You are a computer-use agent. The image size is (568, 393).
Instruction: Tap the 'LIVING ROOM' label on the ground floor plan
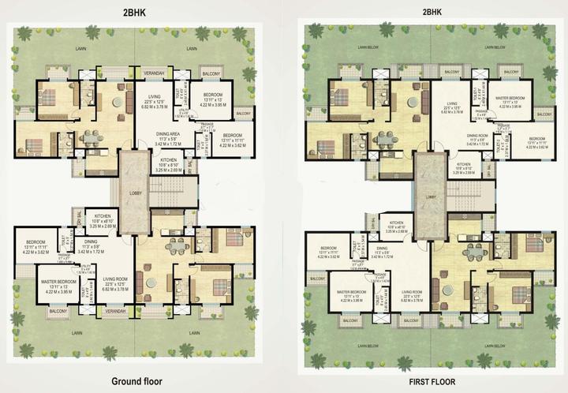point(116,278)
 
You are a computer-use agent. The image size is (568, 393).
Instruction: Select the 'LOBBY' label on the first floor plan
point(430,196)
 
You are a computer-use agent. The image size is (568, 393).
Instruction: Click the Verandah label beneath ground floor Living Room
point(116,312)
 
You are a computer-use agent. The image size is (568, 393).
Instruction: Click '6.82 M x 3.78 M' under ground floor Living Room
point(116,289)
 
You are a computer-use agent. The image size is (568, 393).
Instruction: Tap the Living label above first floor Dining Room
point(451,103)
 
